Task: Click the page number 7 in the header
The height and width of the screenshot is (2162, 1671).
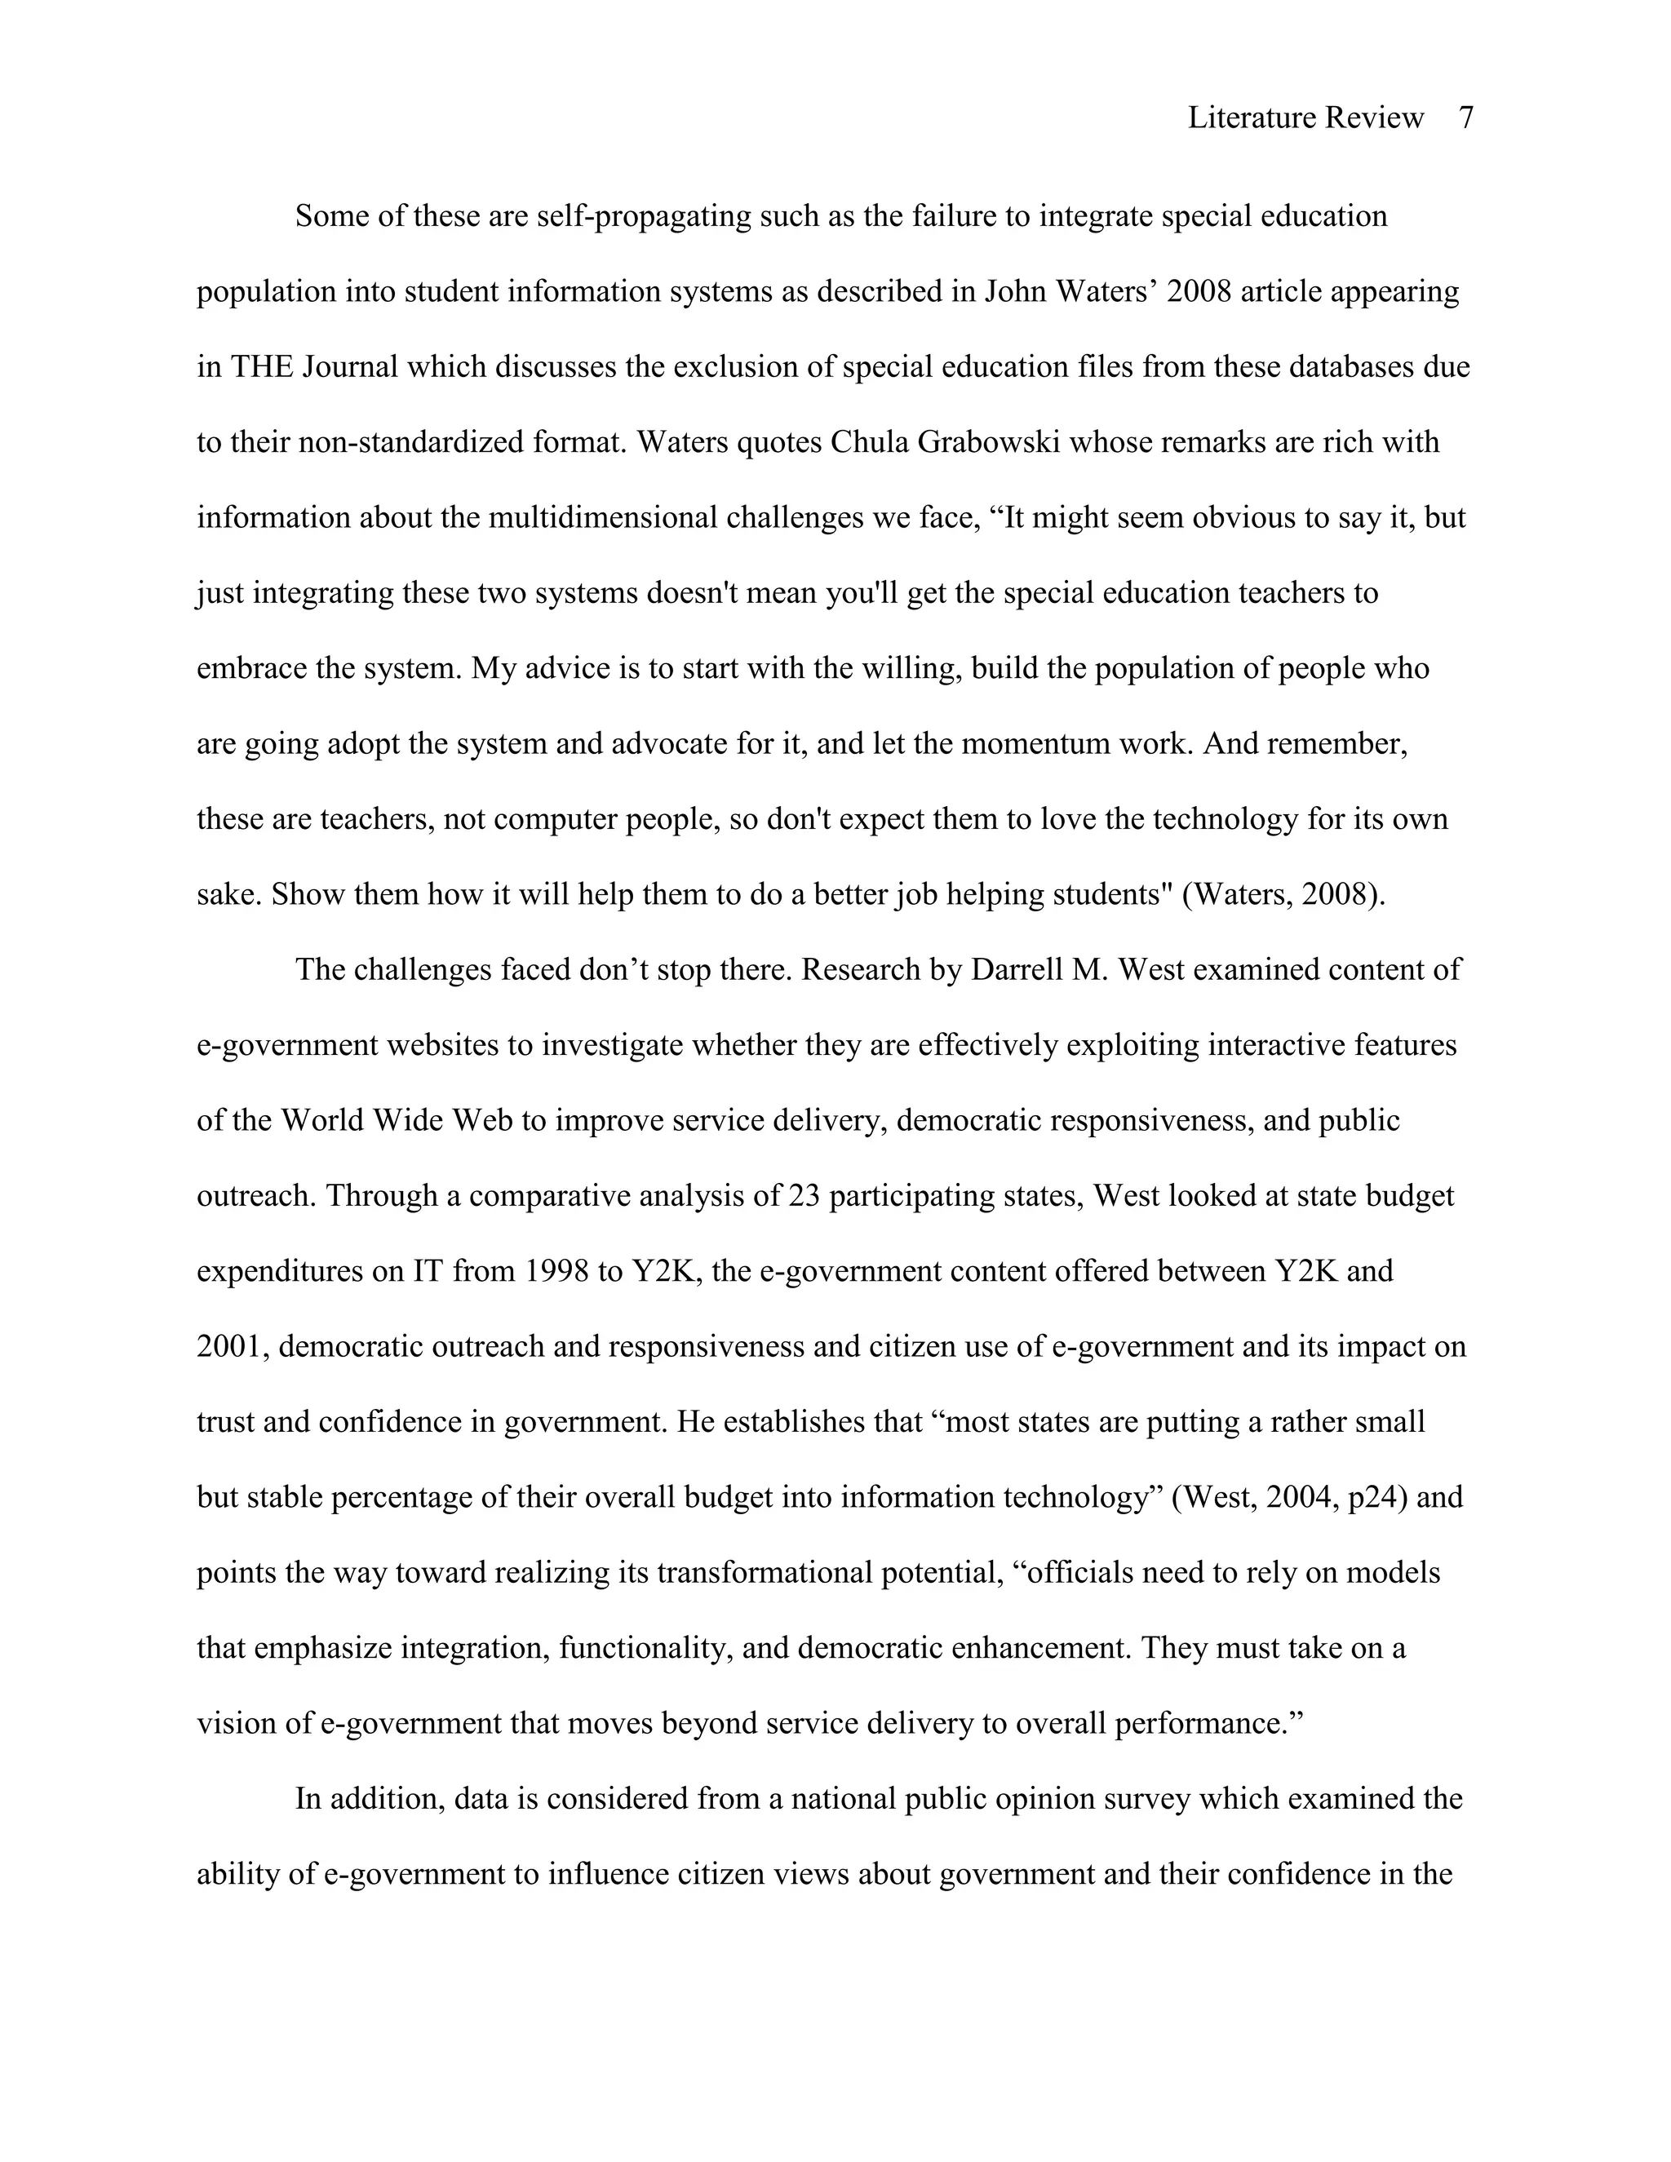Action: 1466,119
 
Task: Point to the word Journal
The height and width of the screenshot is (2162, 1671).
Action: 349,367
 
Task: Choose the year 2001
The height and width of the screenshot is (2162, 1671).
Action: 232,1347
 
